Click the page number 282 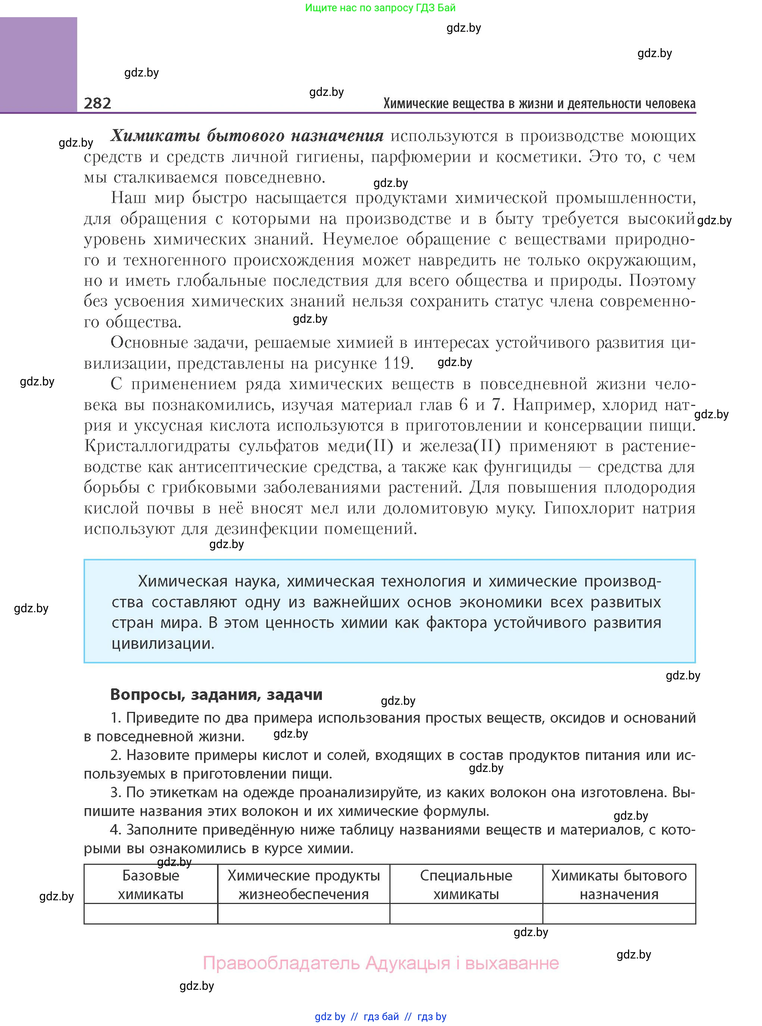[x=97, y=103]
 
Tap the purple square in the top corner [x=38, y=64]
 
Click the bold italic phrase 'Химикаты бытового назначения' [x=247, y=136]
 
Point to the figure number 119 [x=397, y=363]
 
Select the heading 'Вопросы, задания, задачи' [x=216, y=694]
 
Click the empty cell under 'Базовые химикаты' [x=150, y=913]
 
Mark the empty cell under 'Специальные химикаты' [x=466, y=913]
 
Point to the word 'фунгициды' [x=528, y=467]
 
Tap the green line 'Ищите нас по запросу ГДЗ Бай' [x=380, y=8]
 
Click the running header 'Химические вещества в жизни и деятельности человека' [x=539, y=104]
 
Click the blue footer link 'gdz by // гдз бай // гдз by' [x=380, y=1016]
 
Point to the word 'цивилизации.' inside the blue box [x=163, y=644]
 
